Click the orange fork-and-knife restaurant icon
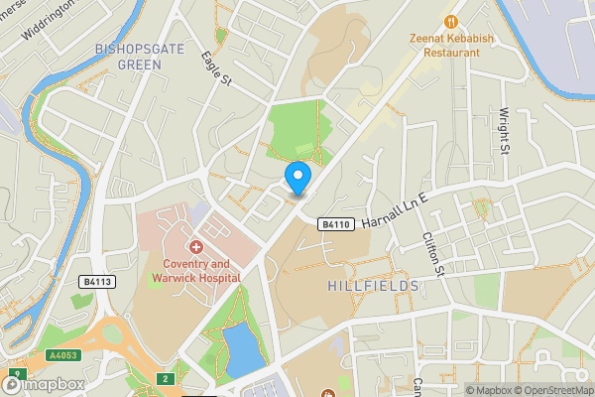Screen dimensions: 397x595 [451, 20]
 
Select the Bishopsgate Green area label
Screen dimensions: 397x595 [126, 56]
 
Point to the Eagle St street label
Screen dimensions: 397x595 [215, 66]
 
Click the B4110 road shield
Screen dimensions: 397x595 [336, 225]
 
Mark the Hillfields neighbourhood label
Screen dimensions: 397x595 [373, 286]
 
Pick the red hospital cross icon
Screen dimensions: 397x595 [196, 245]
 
